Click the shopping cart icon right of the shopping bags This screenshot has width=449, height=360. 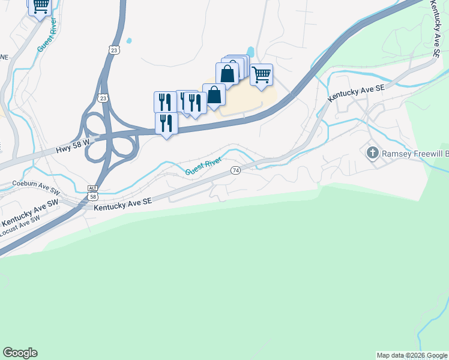[x=261, y=76]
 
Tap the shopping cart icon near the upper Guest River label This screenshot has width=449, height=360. [x=40, y=6]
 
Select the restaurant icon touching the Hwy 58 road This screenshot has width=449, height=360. [x=166, y=124]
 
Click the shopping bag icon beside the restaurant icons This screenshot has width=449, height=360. [x=214, y=95]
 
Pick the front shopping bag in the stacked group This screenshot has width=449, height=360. [x=228, y=74]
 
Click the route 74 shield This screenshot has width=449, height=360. [x=236, y=170]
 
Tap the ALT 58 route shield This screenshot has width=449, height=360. [x=92, y=192]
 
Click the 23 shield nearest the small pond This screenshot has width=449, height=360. [x=114, y=50]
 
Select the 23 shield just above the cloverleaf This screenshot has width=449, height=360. [x=103, y=97]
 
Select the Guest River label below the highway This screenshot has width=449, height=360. [x=203, y=166]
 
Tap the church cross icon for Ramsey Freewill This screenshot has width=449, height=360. [x=372, y=153]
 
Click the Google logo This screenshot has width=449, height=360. [x=20, y=353]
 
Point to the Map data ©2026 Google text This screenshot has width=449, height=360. [x=412, y=355]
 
